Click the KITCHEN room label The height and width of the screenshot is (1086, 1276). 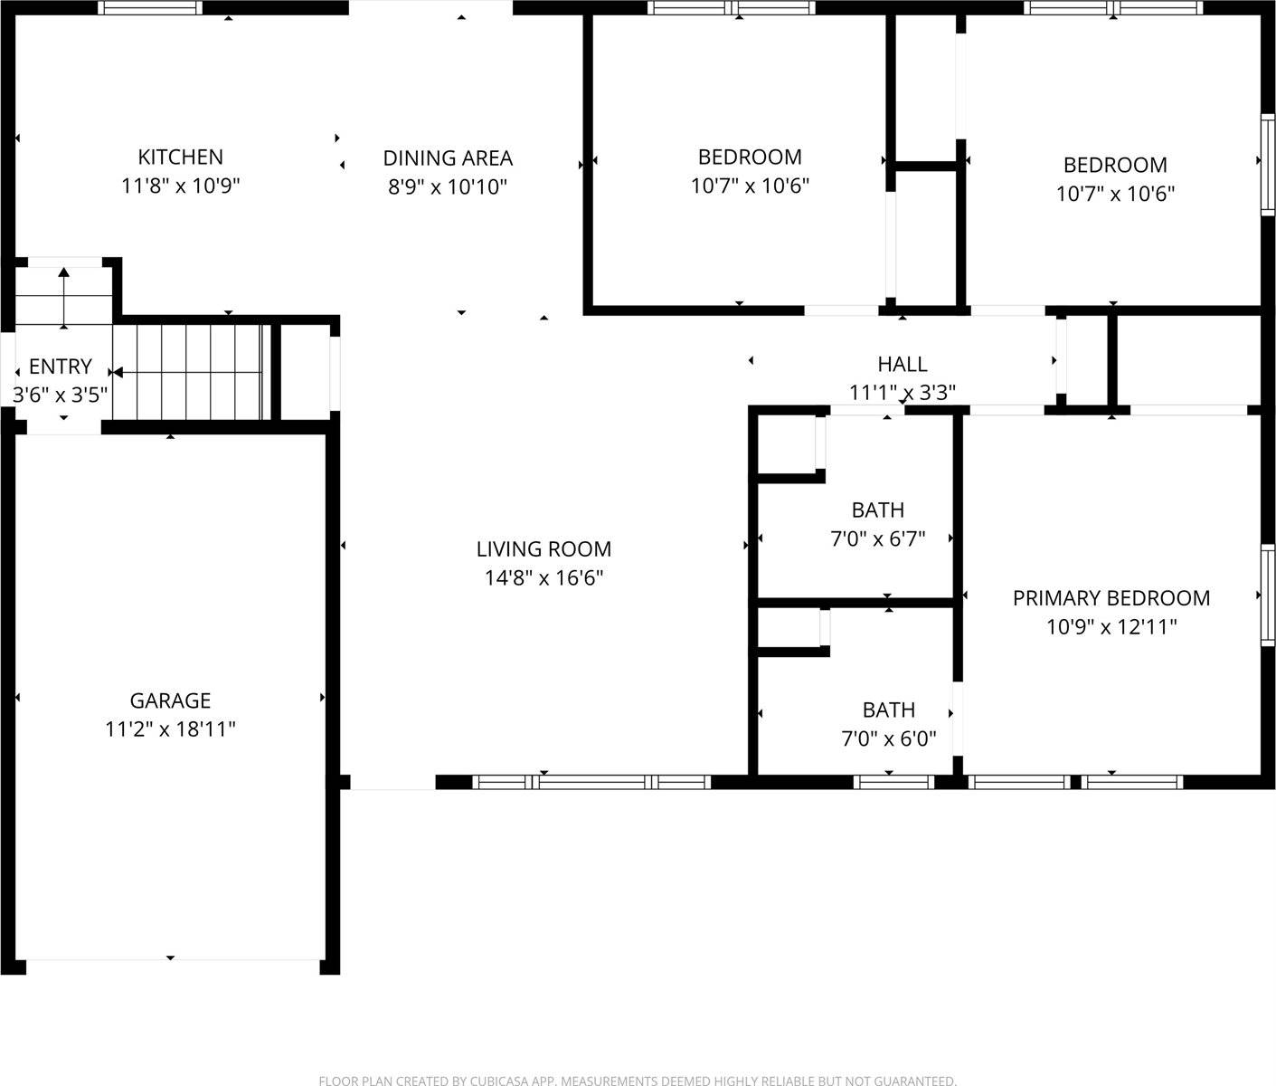pos(180,157)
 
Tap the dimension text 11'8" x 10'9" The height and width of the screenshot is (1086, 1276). pos(180,186)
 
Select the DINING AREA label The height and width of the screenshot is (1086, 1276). pos(448,158)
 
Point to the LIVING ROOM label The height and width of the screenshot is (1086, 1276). pos(543,549)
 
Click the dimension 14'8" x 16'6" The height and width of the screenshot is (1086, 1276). pos(543,578)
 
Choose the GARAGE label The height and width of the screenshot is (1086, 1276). pos(170,700)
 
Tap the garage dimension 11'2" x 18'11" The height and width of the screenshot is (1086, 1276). pos(170,729)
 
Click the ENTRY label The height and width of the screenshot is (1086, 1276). pos(60,367)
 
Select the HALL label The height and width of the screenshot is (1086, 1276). pos(902,364)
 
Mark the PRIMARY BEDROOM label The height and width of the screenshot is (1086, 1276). pos(1111,598)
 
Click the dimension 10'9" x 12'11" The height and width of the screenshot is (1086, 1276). pos(1111,627)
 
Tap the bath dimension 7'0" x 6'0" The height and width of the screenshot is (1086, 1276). pos(888,739)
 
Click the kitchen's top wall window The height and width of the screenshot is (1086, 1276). pos(150,8)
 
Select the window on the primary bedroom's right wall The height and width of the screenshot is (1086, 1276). pos(1268,595)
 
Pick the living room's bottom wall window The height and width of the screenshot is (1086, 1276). pos(592,782)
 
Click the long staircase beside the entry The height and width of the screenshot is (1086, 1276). pos(190,371)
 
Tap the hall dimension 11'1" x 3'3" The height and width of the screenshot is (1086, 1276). pos(902,393)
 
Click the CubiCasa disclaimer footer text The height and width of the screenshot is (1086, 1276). pos(638,1080)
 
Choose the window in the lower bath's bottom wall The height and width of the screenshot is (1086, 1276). pos(893,782)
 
